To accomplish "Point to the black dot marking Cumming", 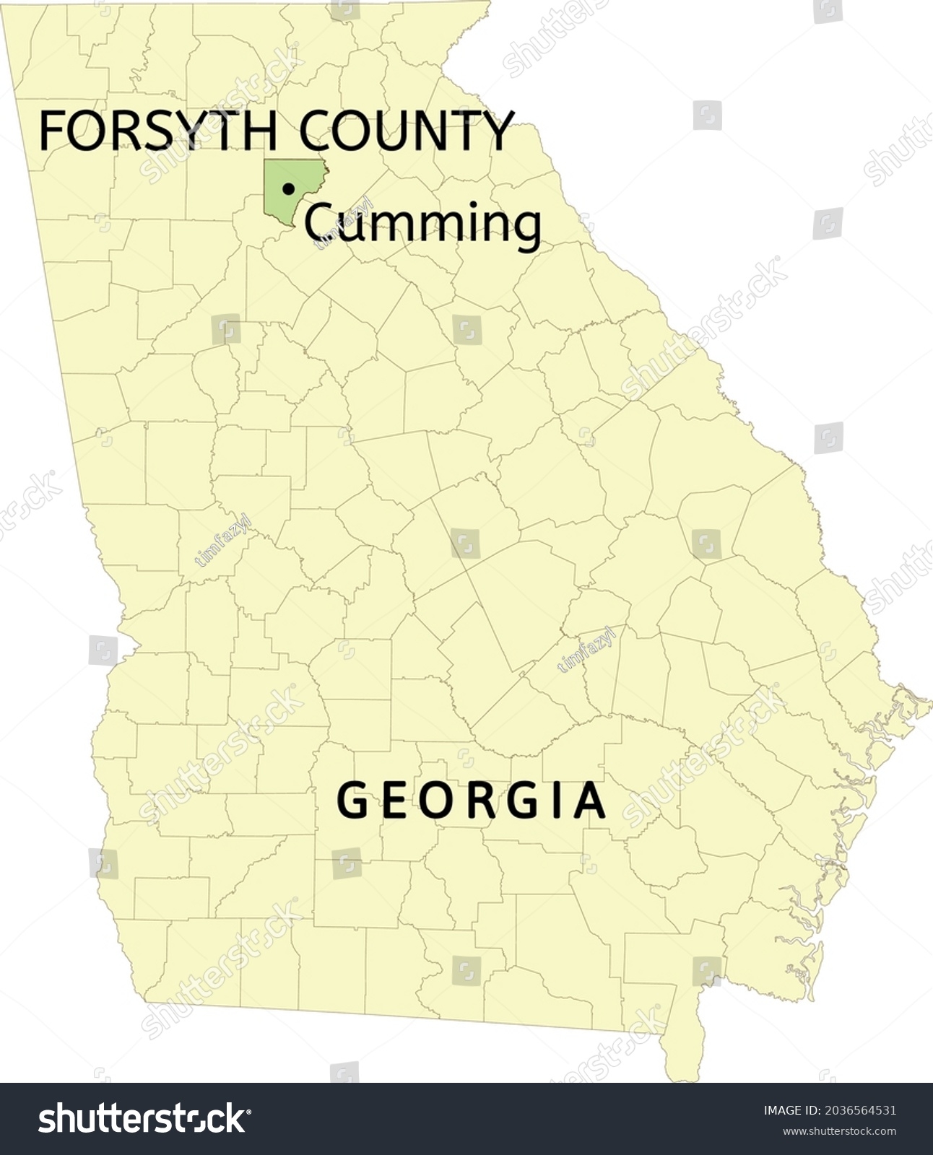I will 289,189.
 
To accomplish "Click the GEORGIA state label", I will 472,801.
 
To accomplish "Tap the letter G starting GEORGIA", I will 353,801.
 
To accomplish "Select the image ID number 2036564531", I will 859,1111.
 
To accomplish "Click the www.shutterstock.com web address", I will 839,1131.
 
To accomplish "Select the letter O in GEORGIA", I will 436,801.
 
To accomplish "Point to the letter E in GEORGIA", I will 395,801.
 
